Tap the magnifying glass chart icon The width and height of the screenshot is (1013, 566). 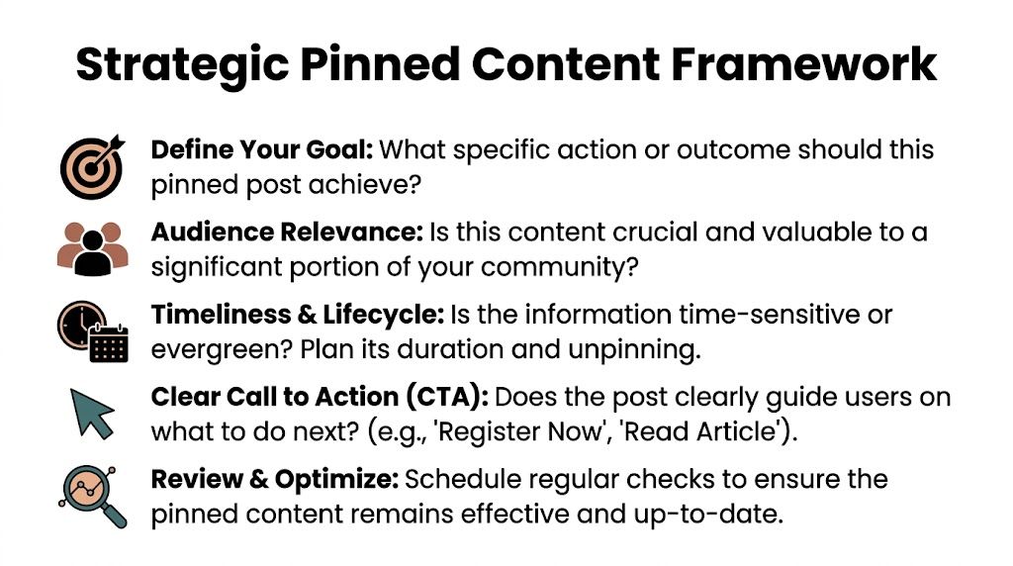point(91,494)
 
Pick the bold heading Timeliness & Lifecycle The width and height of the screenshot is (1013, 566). point(297,316)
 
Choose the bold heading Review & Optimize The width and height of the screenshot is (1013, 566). point(275,480)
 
